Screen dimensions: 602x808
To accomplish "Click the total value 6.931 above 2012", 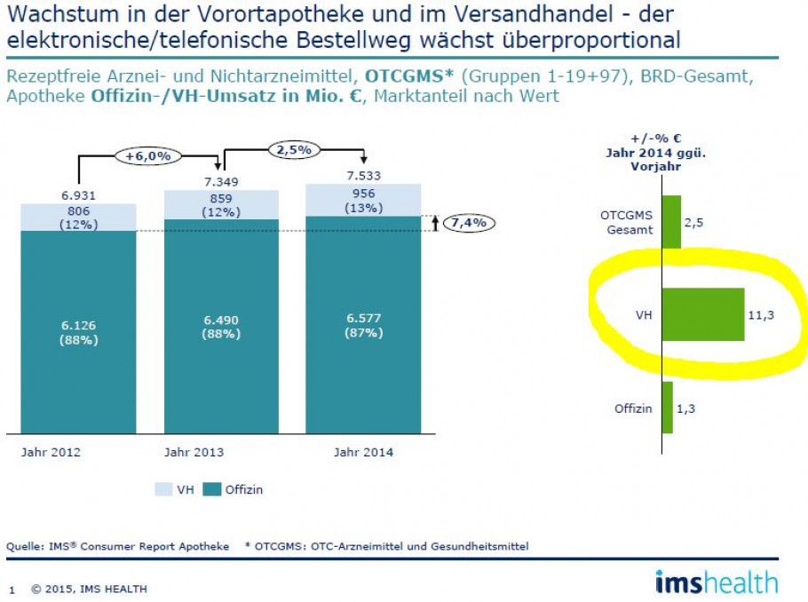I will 78,195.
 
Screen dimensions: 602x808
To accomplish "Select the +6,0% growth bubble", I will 147,156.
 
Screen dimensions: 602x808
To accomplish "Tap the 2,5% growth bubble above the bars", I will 293,150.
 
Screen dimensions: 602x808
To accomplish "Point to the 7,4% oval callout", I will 470,223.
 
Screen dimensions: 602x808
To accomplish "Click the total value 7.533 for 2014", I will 363,176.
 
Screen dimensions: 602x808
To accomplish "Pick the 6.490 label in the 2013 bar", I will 220,320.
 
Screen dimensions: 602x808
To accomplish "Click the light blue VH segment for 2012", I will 78,217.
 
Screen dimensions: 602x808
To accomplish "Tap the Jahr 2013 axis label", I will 194,453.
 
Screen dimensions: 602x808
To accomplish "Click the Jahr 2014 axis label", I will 363,453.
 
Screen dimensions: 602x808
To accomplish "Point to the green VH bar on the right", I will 703,314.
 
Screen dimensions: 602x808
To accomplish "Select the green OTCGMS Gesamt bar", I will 672,222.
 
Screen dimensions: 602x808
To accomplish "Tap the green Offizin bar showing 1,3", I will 668,408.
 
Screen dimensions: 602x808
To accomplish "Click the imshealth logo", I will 716,582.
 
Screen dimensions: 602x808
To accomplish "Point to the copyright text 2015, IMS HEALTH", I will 89,589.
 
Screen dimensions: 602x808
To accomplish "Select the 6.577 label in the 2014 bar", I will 363,320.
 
